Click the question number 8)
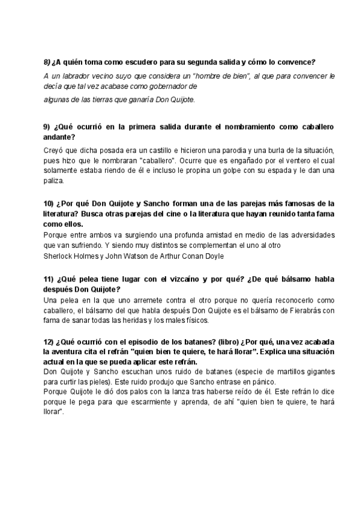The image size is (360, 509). pyautogui.click(x=47, y=62)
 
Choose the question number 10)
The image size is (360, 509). pyautogui.click(x=50, y=203)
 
